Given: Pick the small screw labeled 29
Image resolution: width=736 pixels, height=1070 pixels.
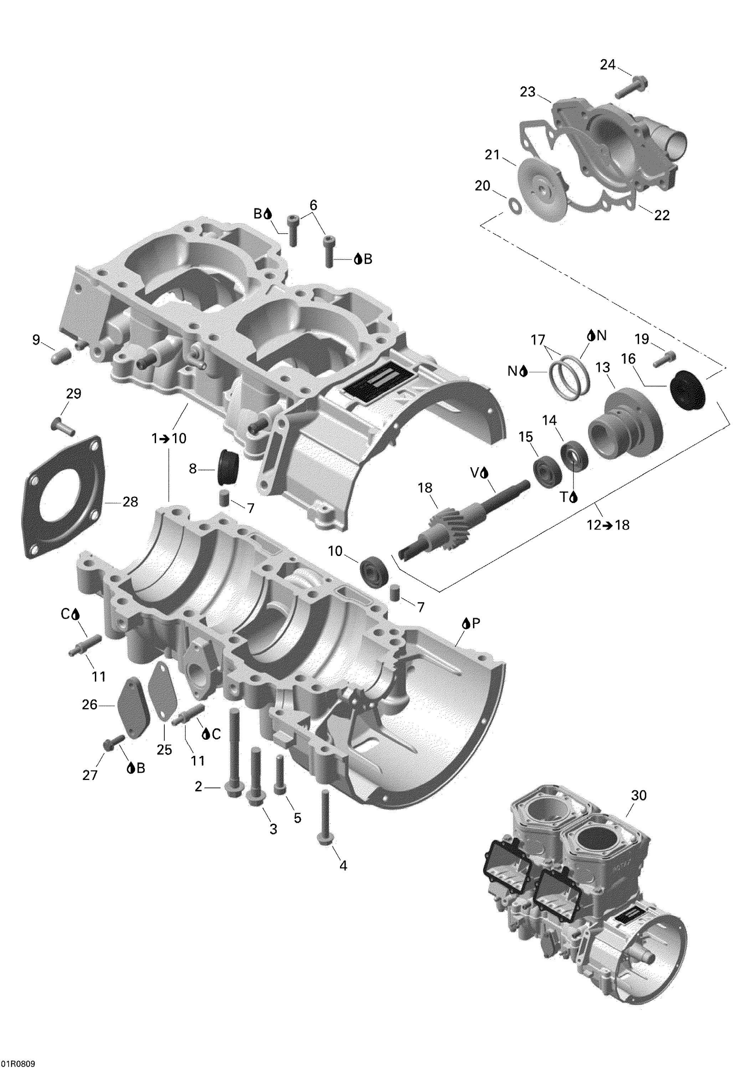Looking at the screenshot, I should (63, 424).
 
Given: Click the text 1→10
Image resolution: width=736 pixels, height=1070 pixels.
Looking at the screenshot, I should (169, 438).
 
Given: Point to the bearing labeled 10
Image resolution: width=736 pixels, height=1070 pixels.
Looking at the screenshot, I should (374, 572).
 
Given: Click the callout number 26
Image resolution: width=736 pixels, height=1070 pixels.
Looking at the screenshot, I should (89, 718).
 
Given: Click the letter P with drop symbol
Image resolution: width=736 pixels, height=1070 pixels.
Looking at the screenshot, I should (471, 624).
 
